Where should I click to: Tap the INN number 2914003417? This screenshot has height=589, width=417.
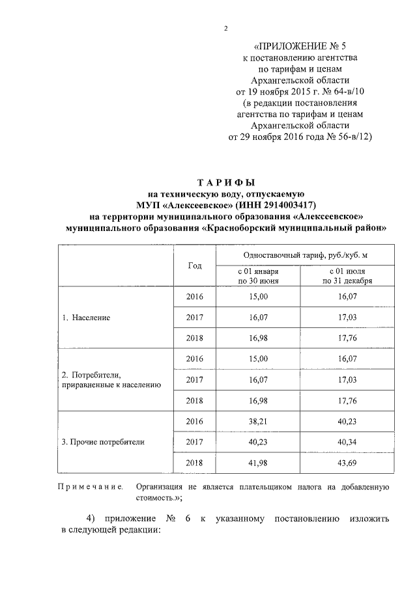coord(278,205)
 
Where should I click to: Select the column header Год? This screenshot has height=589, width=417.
coord(195,266)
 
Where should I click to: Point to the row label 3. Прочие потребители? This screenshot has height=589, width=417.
coord(103,441)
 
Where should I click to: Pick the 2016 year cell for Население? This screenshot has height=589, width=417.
coord(195,297)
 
